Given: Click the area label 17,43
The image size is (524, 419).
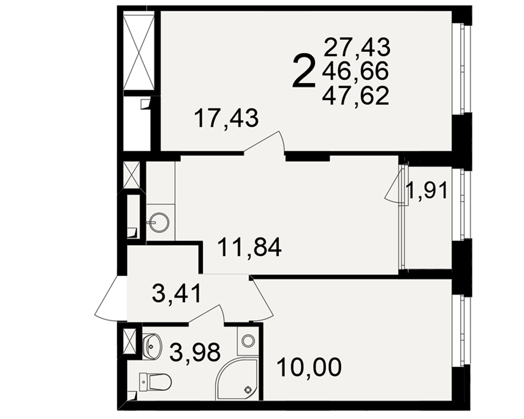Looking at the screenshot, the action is click(226, 118).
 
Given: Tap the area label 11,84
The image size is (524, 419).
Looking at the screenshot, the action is click(249, 247).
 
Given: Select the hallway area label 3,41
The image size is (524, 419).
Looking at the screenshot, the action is click(177, 293).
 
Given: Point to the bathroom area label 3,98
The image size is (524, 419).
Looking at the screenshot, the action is click(195, 352).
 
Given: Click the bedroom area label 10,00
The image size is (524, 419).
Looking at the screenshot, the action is click(310, 367).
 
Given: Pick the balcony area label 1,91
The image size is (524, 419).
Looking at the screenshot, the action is click(427, 191).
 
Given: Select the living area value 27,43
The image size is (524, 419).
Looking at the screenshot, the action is click(357, 47).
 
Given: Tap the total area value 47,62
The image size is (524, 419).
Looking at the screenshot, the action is click(356, 95).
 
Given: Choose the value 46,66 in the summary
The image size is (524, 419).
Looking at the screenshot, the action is click(356, 71).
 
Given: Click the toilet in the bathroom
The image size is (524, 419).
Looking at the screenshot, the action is click(156, 382).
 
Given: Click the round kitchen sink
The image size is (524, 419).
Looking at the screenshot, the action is click(159, 223).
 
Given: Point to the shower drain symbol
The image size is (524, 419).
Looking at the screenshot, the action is click(248, 389).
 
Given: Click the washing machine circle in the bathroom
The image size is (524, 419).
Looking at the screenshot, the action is click(248, 341).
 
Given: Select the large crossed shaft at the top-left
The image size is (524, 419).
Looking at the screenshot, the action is click(139, 51).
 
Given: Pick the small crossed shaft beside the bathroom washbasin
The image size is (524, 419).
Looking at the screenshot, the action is click(130, 341).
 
